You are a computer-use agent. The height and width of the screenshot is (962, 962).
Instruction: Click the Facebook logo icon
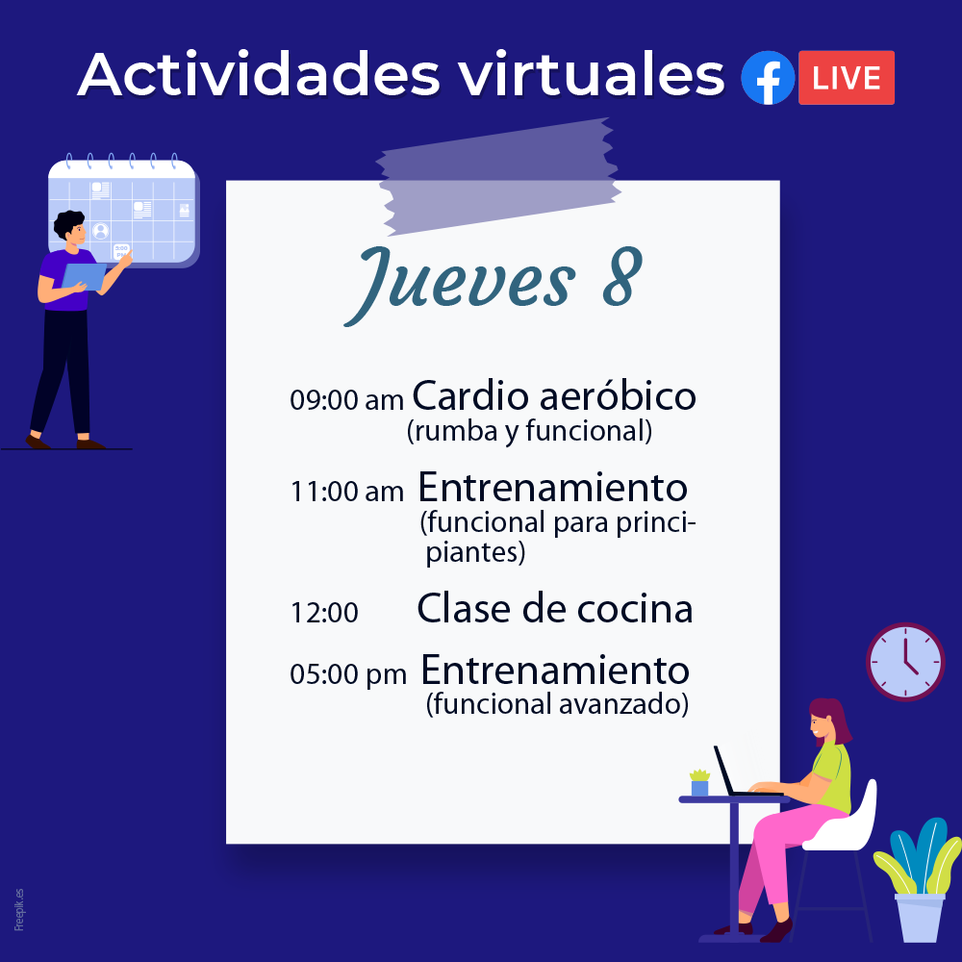pos(768,78)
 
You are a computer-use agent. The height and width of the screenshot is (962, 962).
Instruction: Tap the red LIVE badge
pos(846,78)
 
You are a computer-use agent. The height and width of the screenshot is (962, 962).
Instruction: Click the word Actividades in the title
pos(258,75)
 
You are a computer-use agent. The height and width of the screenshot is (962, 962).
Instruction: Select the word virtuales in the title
pos(592,75)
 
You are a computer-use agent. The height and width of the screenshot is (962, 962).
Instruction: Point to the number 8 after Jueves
pos(622,277)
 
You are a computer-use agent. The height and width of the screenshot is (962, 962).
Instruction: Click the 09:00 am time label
pos(346,400)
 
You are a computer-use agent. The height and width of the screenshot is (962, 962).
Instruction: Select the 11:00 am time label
pos(346,492)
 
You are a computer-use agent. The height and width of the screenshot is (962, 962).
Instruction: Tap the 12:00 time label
pos(324,612)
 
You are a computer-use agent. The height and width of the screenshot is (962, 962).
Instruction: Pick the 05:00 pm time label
pos(348,674)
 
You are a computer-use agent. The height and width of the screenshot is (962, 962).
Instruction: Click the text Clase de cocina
pos(555,609)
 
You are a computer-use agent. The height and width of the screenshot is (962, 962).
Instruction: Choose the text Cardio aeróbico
pos(554,395)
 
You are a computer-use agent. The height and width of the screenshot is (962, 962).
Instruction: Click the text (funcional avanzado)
pos(557,704)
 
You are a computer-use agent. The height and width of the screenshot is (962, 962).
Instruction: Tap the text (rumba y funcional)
pos(529,431)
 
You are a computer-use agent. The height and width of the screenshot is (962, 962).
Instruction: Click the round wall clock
pos(905,662)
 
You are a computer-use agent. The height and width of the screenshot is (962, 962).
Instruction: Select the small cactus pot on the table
pos(699,783)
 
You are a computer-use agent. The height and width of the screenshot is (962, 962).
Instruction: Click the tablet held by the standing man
pos(84,276)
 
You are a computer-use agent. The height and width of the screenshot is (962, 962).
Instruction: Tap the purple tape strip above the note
pos(498,177)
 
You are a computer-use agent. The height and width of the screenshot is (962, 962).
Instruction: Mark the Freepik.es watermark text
pos(19,909)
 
